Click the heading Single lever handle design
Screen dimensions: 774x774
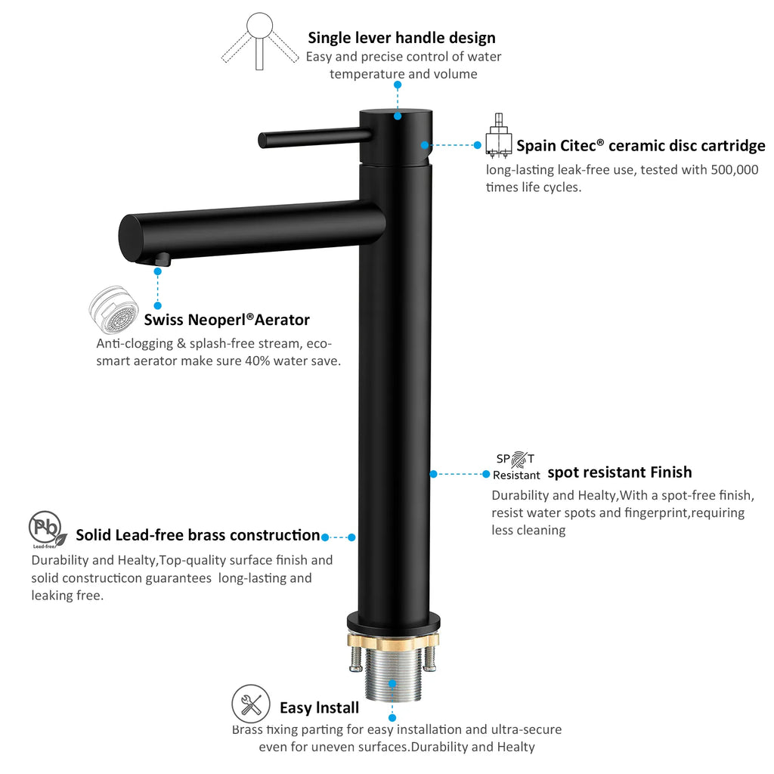pos(401,38)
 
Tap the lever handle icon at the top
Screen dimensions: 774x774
pos(260,42)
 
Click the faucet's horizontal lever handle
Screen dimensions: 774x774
pos(315,138)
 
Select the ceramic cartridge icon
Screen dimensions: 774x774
pos(499,136)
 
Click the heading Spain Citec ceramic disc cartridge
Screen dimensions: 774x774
pos(641,146)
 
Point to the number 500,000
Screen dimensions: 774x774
pos(734,170)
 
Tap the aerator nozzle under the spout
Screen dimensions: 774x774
pos(162,259)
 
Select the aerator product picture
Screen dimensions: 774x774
pos(114,310)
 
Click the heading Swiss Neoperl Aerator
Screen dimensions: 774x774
pos(227,320)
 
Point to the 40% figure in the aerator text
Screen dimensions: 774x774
pos(258,361)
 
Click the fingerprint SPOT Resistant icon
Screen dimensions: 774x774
pos(516,466)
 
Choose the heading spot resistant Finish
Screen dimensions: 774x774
pos(620,472)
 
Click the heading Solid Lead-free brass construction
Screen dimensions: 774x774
pos(197,535)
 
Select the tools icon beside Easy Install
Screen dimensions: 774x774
pos(251,704)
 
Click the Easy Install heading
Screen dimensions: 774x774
pos(320,707)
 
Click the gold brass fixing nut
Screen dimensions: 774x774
pos(393,641)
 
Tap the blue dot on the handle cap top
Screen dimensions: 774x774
pos(398,116)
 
